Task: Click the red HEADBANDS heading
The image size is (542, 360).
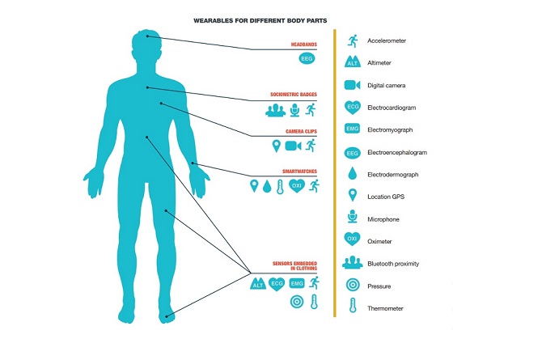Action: [x=304, y=44]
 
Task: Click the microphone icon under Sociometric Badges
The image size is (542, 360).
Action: [x=295, y=108]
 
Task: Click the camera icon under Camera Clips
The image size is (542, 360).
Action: [x=294, y=146]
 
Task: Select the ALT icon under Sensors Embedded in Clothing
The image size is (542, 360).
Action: [x=259, y=283]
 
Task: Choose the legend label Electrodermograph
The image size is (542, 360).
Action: [x=398, y=174]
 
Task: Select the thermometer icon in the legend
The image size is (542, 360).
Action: [x=352, y=307]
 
